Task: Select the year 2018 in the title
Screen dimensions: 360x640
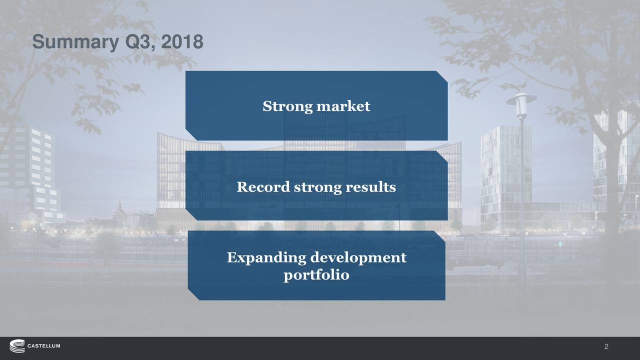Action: (182, 42)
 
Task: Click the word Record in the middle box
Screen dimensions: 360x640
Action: (262, 187)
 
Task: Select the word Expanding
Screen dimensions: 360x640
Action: (266, 258)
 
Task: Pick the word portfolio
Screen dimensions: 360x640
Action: (316, 275)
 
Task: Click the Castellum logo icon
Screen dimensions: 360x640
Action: (16, 346)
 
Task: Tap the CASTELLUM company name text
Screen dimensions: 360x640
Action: (43, 346)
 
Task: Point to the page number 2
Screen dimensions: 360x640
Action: (606, 347)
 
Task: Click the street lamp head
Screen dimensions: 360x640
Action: (521, 99)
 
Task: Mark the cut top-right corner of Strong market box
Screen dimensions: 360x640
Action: (441, 76)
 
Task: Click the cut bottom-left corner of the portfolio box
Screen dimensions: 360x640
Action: (193, 294)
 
